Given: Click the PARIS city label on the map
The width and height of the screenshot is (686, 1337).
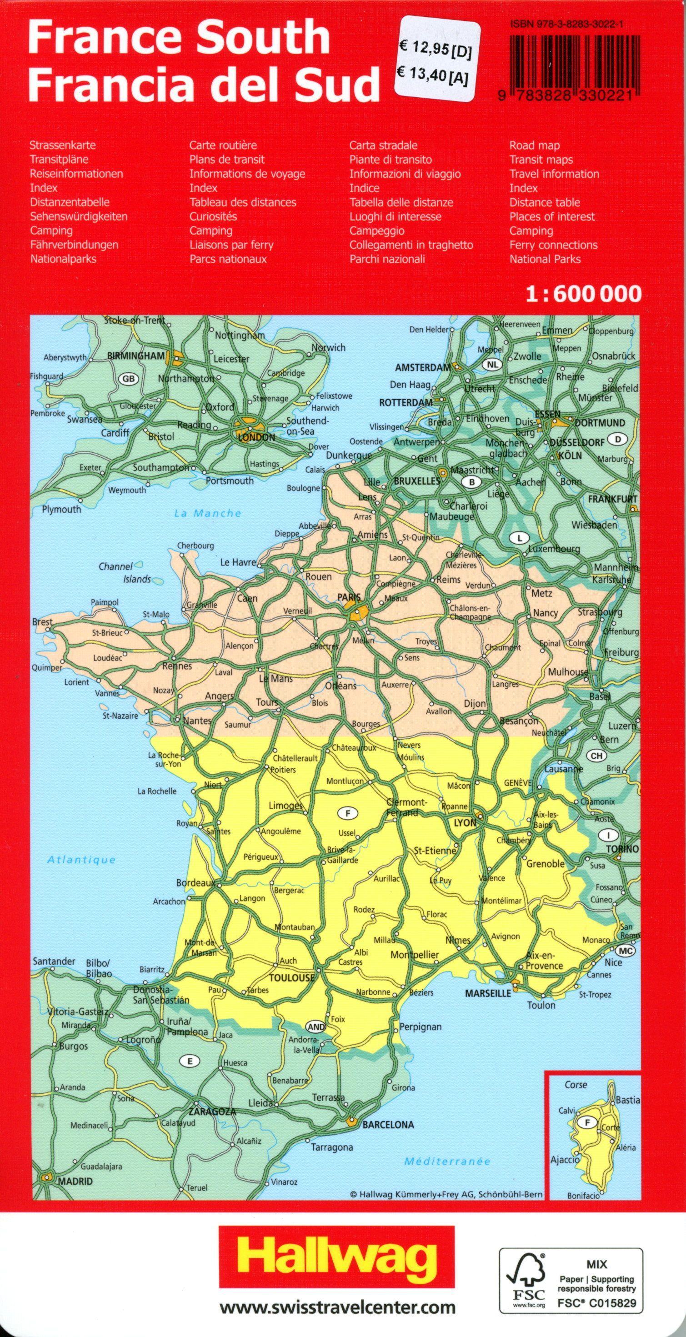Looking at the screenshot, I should point(349,597).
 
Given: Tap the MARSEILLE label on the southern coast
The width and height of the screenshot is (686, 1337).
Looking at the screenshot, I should point(488,993).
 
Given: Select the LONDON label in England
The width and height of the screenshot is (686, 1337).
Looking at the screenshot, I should point(256,437).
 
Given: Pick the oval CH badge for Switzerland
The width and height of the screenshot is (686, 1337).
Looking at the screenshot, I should point(596,756).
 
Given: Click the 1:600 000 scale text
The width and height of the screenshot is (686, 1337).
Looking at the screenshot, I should point(583,294).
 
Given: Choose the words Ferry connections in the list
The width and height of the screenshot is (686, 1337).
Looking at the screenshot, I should point(553,245).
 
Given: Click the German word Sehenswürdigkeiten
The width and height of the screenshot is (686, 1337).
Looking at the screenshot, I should point(78,216).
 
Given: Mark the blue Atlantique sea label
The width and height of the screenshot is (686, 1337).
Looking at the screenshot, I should point(81,860).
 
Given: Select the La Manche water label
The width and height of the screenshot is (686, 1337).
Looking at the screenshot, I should point(208,513).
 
